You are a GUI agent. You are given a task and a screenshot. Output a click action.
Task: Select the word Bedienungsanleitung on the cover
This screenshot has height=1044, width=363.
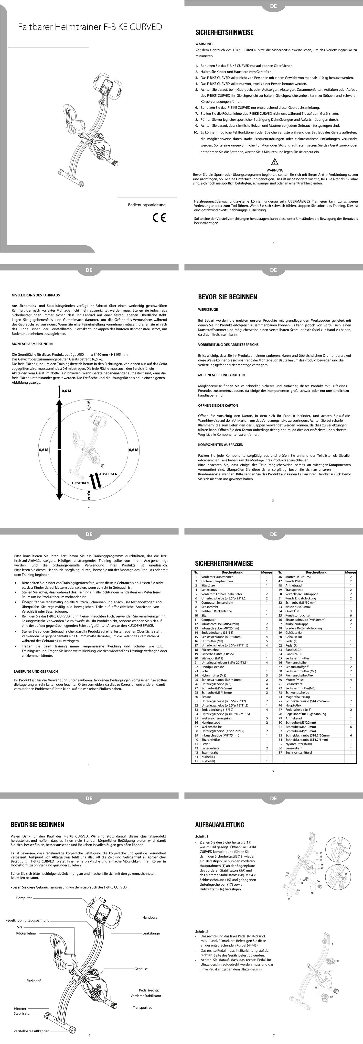point(147,205)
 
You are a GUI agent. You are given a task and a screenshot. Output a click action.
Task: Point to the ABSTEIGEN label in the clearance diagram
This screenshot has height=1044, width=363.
point(108,474)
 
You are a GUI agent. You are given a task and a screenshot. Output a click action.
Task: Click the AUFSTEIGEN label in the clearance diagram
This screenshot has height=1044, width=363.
point(80,483)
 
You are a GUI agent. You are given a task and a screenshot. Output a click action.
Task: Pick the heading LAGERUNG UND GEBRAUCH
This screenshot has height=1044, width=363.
point(36,672)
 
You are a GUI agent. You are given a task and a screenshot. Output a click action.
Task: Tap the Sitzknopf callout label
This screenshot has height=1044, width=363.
point(34,981)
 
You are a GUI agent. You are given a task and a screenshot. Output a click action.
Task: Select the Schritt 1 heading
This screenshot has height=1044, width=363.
point(202,836)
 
